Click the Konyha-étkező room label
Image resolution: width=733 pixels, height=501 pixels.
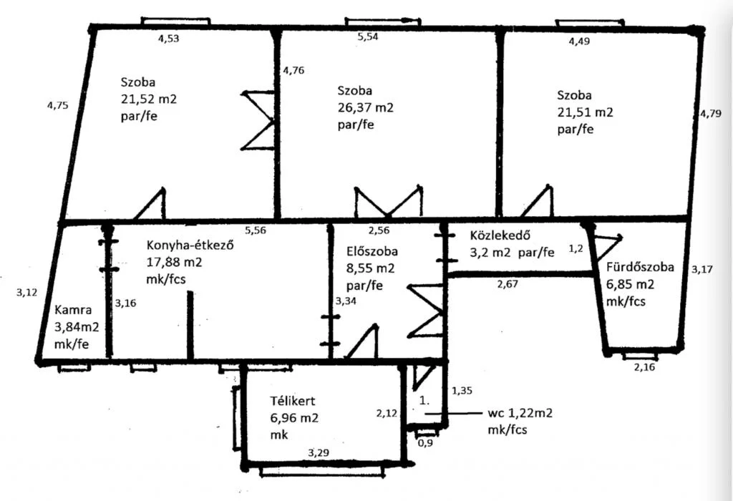[x=190, y=245]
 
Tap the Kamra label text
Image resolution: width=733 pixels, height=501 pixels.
[x=73, y=310]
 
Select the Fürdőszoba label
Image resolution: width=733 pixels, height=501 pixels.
[x=641, y=268]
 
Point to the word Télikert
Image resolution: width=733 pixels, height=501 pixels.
[x=293, y=401]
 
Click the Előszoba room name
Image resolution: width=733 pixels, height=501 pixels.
[x=372, y=251]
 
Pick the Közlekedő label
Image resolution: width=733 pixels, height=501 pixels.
[x=500, y=235]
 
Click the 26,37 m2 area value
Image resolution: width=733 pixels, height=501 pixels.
[x=366, y=108]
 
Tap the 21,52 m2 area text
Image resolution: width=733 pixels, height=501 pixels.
[x=149, y=99]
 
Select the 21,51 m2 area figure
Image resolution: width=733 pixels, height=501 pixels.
[x=586, y=112]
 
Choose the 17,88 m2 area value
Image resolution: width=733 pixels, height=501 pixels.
[x=175, y=262]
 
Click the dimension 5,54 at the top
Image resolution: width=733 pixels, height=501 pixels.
[x=368, y=37]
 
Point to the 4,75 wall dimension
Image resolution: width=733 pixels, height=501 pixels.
[x=57, y=105]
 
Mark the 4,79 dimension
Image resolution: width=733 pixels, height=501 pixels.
[x=711, y=113]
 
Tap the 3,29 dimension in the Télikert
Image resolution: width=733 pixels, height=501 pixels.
[x=319, y=452]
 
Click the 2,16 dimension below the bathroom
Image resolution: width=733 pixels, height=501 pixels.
[x=645, y=367]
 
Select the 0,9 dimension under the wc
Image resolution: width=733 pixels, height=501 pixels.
[x=425, y=442]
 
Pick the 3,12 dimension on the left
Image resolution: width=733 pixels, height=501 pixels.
[x=26, y=293]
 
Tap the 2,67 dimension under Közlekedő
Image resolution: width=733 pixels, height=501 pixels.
[x=508, y=283]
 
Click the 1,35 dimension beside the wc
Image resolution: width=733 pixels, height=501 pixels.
[x=462, y=391]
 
